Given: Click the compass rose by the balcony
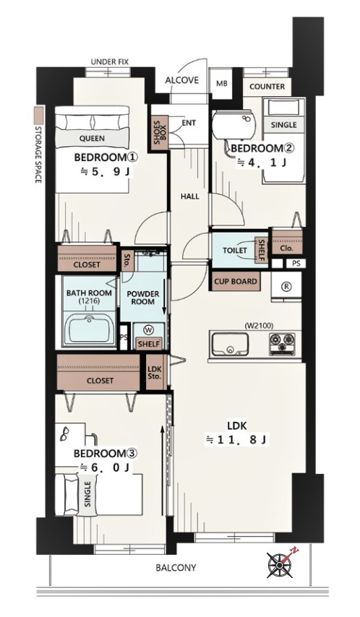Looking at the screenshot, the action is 279,565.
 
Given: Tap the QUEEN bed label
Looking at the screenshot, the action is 92,138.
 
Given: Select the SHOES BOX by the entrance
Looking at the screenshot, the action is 160,133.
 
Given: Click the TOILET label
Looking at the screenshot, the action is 235,250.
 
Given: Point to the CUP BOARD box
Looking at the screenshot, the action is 236,282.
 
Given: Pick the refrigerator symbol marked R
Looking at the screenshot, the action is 286,287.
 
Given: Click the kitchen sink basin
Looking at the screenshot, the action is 230,344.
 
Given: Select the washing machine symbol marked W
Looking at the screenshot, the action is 149,329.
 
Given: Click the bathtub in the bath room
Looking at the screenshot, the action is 90,329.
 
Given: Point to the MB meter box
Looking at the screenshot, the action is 222,83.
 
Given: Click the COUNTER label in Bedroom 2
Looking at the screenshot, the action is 267,87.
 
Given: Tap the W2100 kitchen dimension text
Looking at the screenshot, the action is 260,325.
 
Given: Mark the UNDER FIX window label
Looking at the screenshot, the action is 109,62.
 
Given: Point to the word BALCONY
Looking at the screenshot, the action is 176,568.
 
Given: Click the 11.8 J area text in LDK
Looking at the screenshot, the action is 236,440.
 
